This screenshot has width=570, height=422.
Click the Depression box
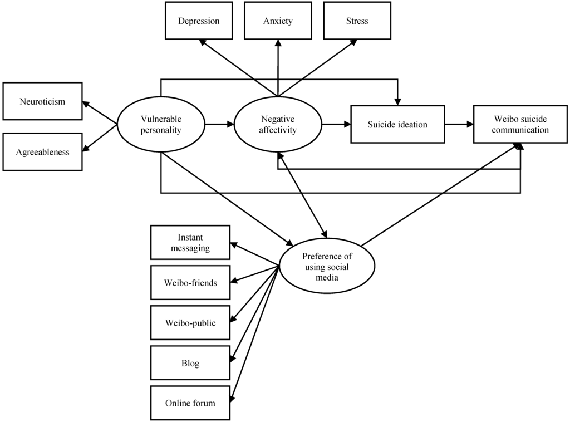click(199, 21)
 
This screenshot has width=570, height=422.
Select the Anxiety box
click(278, 21)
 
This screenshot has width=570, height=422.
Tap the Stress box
click(357, 21)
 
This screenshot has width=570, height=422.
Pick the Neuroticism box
click(42, 101)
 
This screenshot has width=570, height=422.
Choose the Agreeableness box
click(42, 151)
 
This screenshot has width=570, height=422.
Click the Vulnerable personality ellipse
click(161, 125)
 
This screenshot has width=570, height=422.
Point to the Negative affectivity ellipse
click(278, 125)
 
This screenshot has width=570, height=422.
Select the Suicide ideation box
click(397, 125)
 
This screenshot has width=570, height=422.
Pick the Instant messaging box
click(190, 243)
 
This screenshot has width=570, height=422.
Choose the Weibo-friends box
click(190, 283)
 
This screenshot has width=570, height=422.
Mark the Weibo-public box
click(190, 323)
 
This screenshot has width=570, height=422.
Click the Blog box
click(190, 364)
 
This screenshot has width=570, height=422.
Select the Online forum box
click(190, 403)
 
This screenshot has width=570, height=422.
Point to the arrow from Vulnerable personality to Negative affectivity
click(219, 125)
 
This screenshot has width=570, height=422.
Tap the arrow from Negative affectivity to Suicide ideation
click(336, 125)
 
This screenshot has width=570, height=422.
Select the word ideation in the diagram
click(411, 125)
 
